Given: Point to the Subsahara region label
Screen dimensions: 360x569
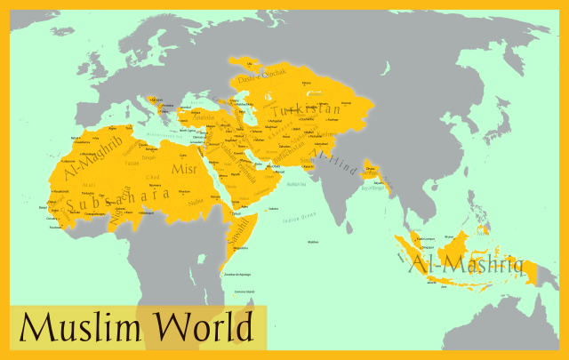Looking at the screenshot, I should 111,200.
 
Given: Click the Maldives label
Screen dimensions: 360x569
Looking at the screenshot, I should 312,242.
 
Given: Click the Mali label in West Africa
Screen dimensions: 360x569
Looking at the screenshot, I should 88,185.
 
